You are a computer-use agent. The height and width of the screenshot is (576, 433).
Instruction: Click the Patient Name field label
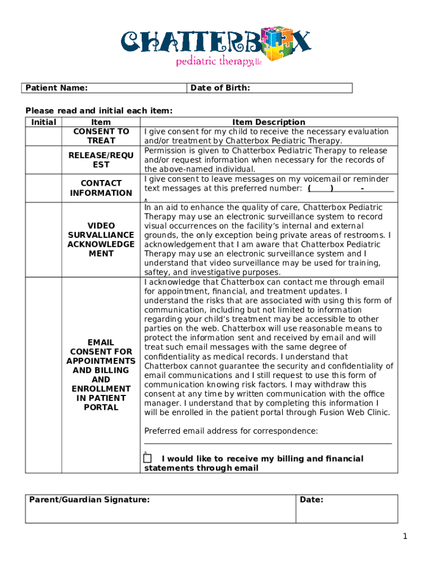click(x=57, y=88)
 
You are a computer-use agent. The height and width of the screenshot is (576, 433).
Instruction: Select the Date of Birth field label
click(x=220, y=88)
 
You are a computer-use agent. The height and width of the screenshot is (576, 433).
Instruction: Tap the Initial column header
click(x=43, y=122)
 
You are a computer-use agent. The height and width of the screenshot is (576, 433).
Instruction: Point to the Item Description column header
click(x=269, y=122)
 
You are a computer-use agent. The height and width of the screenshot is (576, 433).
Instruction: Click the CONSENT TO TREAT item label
click(x=101, y=136)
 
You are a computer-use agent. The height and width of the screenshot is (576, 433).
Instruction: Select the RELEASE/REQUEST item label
click(x=101, y=160)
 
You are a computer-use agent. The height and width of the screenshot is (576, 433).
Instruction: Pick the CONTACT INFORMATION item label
click(x=101, y=188)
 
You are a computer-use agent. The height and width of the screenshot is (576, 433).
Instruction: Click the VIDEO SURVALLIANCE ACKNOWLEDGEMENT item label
click(x=101, y=240)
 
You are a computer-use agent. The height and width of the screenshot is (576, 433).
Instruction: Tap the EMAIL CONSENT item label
click(x=101, y=375)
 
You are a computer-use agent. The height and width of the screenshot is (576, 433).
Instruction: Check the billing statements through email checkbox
click(x=148, y=459)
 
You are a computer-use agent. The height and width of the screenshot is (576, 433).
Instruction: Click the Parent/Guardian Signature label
click(x=89, y=499)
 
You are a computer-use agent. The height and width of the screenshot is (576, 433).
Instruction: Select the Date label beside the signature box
click(x=312, y=499)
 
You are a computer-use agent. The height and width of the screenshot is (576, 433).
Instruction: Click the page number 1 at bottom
click(x=404, y=537)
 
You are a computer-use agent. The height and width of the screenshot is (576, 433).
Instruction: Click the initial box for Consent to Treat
click(x=43, y=136)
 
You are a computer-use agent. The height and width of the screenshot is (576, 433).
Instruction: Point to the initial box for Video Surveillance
click(x=43, y=240)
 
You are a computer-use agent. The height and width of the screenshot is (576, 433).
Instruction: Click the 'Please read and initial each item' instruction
click(x=99, y=111)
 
